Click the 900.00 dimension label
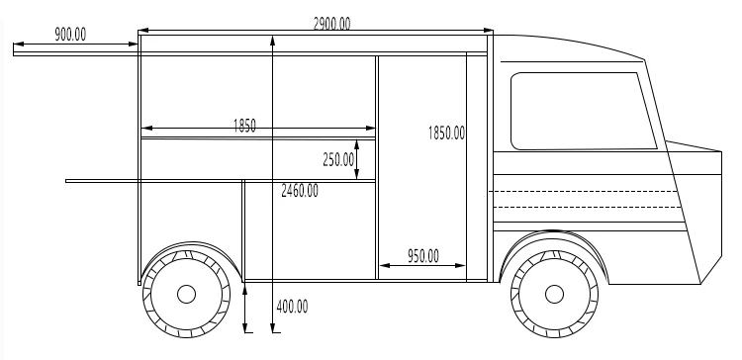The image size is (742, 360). tap(70, 35)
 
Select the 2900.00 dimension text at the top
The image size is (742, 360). tap(331, 24)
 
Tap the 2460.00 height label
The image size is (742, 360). tap(300, 191)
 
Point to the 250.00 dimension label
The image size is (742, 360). tap(338, 160)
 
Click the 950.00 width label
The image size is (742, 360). tap(423, 256)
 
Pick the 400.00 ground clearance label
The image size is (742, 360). tap(292, 307)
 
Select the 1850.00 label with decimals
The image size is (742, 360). tap(446, 133)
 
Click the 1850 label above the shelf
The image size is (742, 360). tap(244, 126)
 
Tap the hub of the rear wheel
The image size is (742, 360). tap(186, 294)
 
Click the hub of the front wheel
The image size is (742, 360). tap(554, 294)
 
